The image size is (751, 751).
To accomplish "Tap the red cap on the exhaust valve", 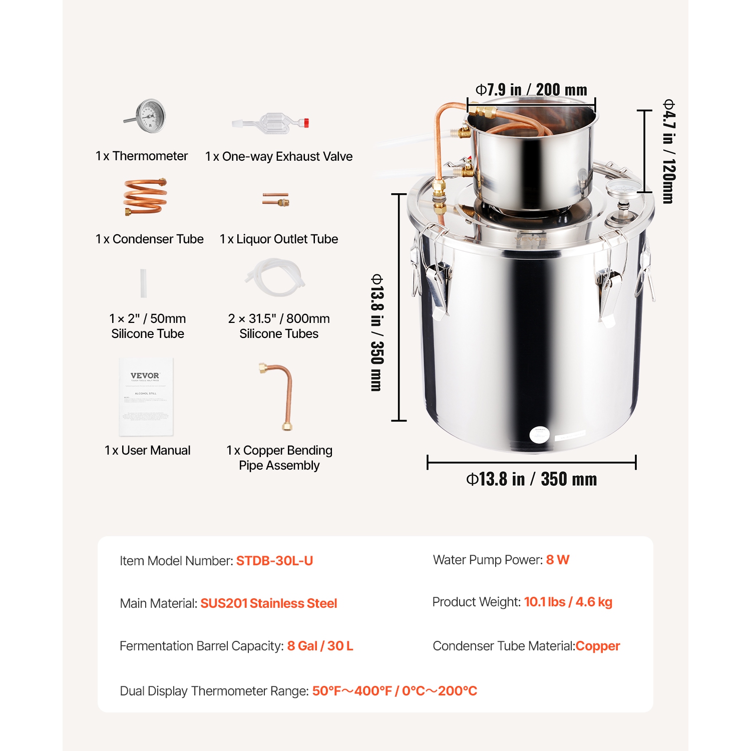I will [305, 122].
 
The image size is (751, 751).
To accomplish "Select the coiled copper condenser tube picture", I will [145, 196].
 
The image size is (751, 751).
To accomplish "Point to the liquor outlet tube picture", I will [276, 199].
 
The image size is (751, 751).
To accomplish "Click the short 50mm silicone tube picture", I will [143, 283].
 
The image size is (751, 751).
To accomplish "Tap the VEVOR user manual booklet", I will [146, 396].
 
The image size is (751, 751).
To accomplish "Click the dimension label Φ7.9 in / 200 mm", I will [531, 90].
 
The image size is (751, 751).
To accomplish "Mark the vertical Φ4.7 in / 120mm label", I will [669, 151].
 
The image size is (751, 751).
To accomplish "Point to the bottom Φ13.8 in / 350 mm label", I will [531, 479].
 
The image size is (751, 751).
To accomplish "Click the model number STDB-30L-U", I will [274, 561].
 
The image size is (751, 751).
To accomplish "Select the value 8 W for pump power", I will [557, 560].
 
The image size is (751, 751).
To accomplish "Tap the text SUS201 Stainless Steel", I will [268, 603].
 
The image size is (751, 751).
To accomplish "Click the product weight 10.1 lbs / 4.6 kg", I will [568, 602].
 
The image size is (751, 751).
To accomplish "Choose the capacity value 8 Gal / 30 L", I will [320, 646].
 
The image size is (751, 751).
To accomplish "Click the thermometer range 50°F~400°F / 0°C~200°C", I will [395, 691].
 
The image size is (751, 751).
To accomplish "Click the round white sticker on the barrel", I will [539, 434].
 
